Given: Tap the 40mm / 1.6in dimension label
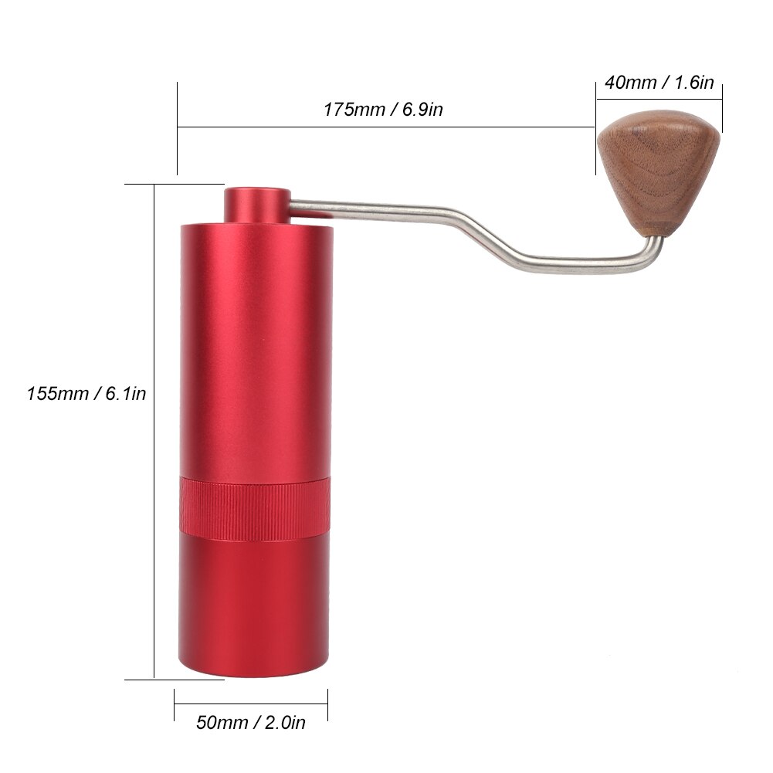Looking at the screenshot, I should [x=659, y=83].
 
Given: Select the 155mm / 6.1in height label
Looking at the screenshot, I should [x=86, y=394].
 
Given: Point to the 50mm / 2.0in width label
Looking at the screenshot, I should [x=251, y=723].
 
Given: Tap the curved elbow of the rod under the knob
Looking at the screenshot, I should [x=653, y=259].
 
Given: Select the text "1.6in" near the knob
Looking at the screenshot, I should [x=694, y=83].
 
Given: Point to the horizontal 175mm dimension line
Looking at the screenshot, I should [x=386, y=127].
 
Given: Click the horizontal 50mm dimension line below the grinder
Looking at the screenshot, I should [x=251, y=702].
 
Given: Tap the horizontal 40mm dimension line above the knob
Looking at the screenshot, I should [x=659, y=99].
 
